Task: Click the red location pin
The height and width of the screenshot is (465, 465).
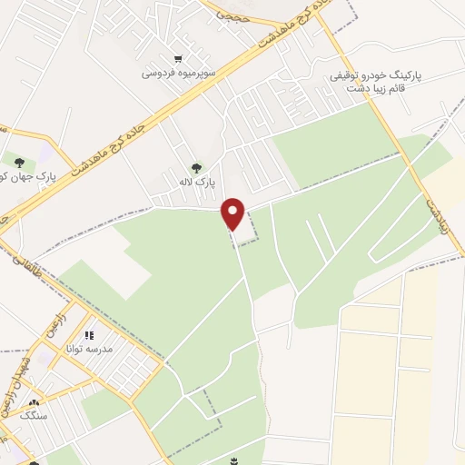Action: pyautogui.click(x=234, y=213)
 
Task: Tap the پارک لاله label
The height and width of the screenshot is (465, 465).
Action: pyautogui.click(x=197, y=183)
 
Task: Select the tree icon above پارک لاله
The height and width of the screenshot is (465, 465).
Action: pyautogui.click(x=197, y=167)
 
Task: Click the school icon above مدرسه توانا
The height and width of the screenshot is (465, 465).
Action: pyautogui.click(x=91, y=334)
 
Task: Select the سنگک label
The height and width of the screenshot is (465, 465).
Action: pyautogui.click(x=35, y=417)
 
